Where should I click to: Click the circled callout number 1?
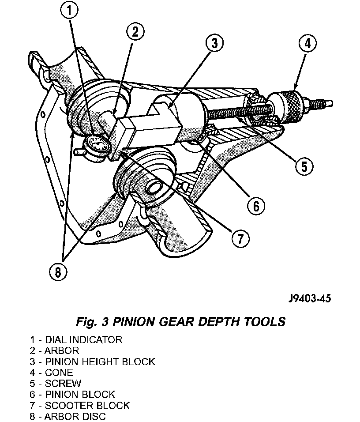click(69, 11)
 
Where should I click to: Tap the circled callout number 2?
click(135, 32)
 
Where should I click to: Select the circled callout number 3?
click(214, 43)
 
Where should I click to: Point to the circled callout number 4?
click(307, 43)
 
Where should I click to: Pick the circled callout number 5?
click(304, 166)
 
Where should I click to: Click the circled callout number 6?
click(256, 206)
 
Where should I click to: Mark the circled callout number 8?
click(58, 272)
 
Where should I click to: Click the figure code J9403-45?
click(309, 298)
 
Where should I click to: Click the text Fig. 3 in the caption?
click(92, 322)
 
